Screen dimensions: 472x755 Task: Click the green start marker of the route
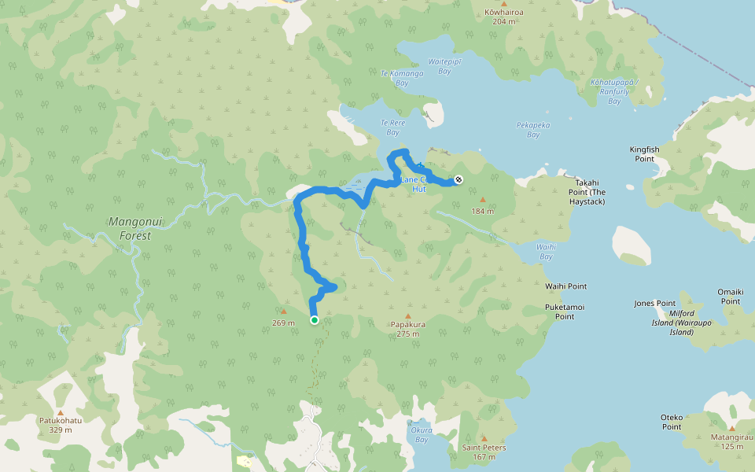[314, 320]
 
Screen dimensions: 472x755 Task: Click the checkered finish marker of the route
[459, 180]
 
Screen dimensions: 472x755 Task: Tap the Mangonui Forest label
[135, 228]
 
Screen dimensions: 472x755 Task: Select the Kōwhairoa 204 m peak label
[504, 17]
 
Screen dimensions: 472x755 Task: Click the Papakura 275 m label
[407, 328]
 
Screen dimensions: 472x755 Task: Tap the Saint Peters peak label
[484, 452]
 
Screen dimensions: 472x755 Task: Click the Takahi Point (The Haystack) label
[587, 191]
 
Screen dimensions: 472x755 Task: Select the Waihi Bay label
[546, 251]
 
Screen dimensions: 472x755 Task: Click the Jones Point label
[655, 304]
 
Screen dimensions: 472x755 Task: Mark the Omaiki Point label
[730, 296]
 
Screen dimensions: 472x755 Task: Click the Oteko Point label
[671, 422]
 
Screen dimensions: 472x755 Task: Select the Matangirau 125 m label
[731, 441]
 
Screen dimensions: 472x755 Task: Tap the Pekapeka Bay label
[533, 129]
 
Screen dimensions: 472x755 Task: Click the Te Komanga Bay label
[402, 77]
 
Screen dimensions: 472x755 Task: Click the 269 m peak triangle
[283, 312]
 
